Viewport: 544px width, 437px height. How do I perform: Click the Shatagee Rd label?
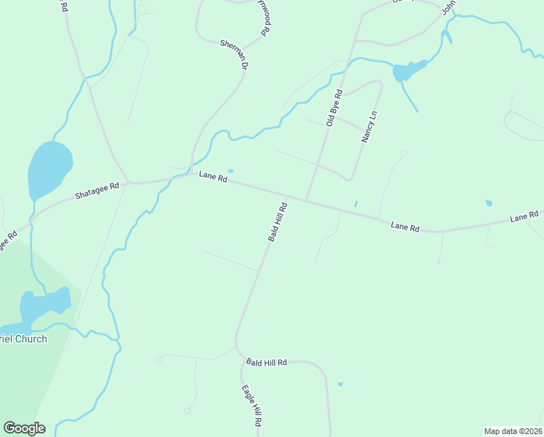97,191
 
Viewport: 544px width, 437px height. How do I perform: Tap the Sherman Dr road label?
235,55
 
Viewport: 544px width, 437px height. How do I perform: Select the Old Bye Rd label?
334,108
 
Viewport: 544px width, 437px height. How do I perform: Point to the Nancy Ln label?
369,127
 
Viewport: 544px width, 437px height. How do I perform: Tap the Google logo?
24,428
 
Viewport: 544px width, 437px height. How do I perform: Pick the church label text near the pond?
23,339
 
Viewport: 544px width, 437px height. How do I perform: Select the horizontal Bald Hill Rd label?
267,362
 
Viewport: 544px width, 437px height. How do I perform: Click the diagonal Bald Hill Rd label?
278,222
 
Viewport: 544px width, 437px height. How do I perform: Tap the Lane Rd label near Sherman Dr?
213,177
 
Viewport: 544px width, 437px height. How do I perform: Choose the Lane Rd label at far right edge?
524,216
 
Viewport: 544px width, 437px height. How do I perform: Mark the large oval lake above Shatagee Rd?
49,170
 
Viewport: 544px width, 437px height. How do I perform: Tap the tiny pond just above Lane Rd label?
231,171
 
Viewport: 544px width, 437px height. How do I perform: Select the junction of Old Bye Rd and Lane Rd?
306,201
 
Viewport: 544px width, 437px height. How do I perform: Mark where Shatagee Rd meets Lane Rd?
129,182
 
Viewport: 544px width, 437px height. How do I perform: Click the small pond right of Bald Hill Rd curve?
340,384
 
